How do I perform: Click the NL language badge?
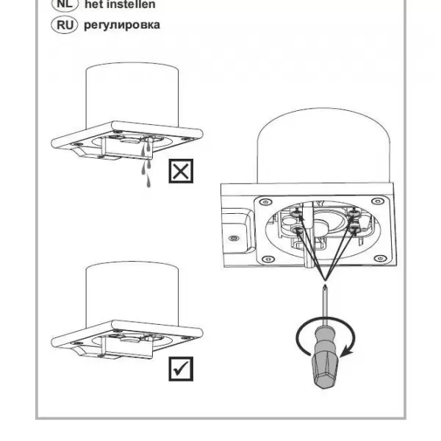(x=65, y=4)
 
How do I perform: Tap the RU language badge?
(x=65, y=25)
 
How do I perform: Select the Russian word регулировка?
(x=122, y=25)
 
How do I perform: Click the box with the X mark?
(x=181, y=171)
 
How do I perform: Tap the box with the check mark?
(x=181, y=369)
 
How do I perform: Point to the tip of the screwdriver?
(x=325, y=286)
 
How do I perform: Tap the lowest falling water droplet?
(x=148, y=182)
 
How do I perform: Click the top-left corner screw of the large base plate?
(x=265, y=202)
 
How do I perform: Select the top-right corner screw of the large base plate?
(x=378, y=201)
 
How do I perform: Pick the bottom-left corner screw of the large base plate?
(x=268, y=259)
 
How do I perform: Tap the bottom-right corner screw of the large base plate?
(x=381, y=258)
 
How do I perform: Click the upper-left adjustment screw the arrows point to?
(x=296, y=213)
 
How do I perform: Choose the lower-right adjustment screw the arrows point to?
(x=354, y=229)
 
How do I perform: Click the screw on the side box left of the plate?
(x=234, y=238)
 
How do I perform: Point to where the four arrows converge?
(x=325, y=280)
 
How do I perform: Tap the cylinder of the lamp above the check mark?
(x=132, y=295)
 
